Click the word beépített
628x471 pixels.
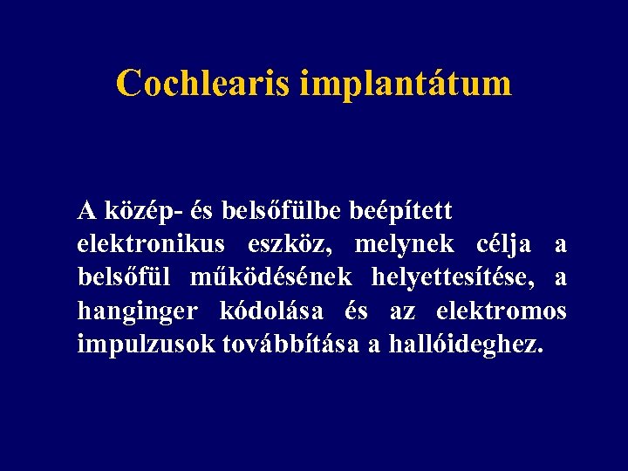click(x=400, y=211)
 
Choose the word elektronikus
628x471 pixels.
click(x=151, y=244)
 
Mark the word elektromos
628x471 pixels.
click(x=501, y=311)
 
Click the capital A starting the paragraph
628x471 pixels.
click(x=86, y=210)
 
